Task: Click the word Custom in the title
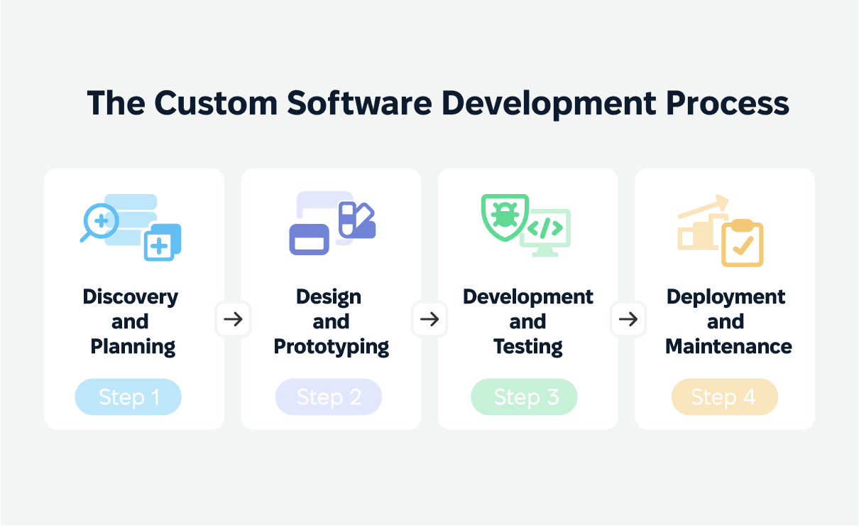(x=216, y=103)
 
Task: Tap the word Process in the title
(x=728, y=103)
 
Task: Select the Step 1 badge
(x=128, y=397)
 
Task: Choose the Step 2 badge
(x=329, y=397)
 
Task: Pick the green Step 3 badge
(x=524, y=397)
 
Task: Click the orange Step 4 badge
(x=725, y=397)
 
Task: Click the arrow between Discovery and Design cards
(x=233, y=319)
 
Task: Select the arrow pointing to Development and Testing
(x=429, y=319)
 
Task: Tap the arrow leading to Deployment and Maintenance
(x=628, y=319)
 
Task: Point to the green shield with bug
(x=505, y=218)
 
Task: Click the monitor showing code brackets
(x=546, y=232)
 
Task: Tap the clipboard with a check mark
(x=743, y=242)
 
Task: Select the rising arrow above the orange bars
(x=704, y=207)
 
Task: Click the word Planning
(x=133, y=347)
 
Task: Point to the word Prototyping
(x=332, y=347)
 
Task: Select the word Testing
(x=528, y=347)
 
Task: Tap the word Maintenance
(x=728, y=346)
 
